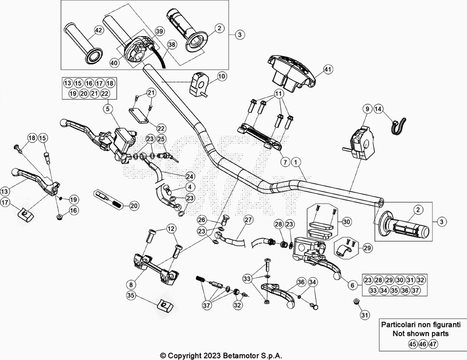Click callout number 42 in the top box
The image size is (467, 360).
click(x=98, y=30)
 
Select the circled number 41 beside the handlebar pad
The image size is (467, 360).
click(x=327, y=69)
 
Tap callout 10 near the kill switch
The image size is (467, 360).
click(x=222, y=76)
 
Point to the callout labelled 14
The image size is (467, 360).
click(x=378, y=109)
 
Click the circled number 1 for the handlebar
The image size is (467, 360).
click(x=295, y=162)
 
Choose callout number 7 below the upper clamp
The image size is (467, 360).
click(x=285, y=162)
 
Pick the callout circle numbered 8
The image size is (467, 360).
click(x=131, y=285)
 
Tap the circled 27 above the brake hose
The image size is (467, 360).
click(x=249, y=220)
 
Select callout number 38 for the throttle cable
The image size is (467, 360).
click(x=172, y=45)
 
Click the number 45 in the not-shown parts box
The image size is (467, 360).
click(x=413, y=344)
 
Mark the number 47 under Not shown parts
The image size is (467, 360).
click(x=433, y=344)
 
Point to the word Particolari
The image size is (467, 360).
click(x=399, y=324)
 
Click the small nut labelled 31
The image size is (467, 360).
click(x=356, y=302)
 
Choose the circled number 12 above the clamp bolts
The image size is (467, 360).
click(x=171, y=229)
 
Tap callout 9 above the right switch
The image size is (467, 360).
click(x=367, y=109)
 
